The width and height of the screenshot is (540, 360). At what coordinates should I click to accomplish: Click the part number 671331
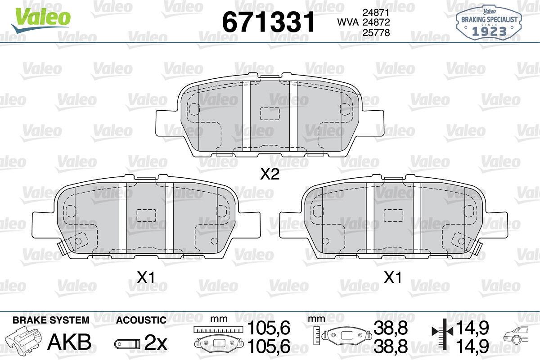coord(268,22)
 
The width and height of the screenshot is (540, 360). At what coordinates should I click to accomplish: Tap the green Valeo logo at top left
coord(41,20)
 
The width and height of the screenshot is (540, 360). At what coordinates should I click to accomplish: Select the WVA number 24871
coord(376,12)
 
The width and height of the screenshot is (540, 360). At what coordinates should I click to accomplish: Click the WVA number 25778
coord(376,32)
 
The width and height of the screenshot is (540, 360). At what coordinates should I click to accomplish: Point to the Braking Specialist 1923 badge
coord(489,22)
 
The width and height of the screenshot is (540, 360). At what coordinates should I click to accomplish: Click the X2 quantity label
coord(270,174)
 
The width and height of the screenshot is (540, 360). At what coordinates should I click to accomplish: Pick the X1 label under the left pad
coord(146,277)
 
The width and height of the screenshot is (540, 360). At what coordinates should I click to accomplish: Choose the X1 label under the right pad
coord(393,277)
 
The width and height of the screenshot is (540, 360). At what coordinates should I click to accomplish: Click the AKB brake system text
coord(69,342)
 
